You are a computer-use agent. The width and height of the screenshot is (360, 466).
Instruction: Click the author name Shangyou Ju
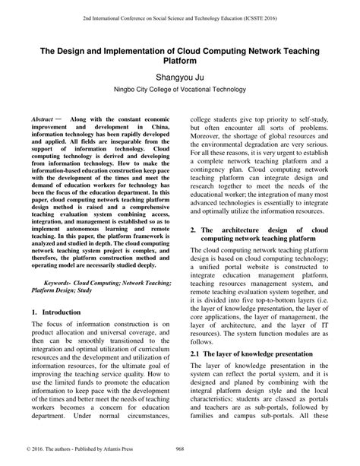[x=179, y=78]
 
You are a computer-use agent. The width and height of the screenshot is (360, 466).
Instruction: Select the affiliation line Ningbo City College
[x=180, y=93]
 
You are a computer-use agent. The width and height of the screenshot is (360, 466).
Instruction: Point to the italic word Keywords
[x=59, y=282]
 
